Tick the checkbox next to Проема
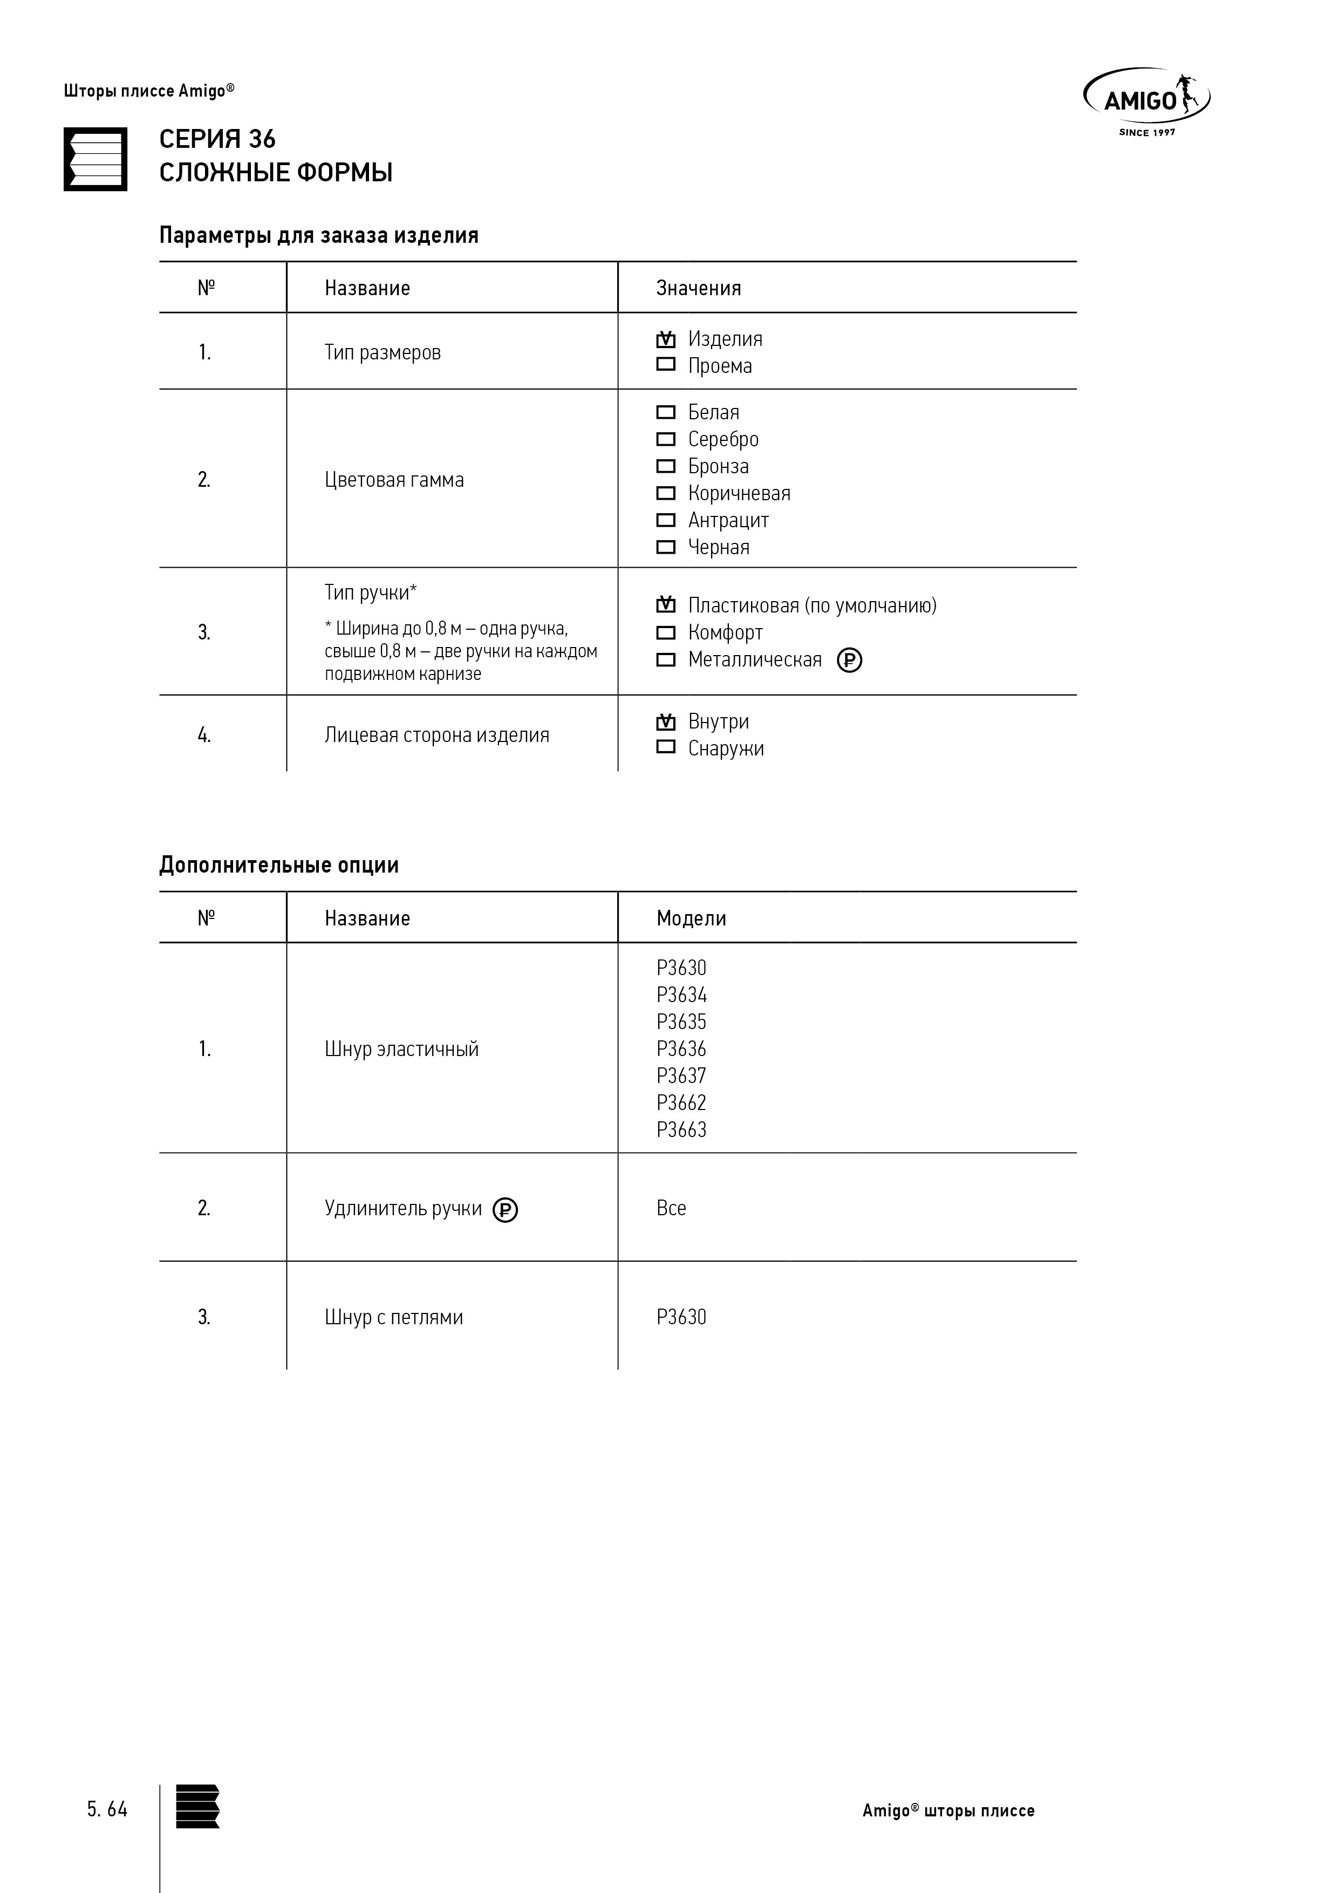(665, 364)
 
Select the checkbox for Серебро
(665, 439)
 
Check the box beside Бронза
(665, 466)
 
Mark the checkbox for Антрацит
(665, 520)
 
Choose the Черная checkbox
(665, 547)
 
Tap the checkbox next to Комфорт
(665, 632)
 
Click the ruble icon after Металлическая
(849, 660)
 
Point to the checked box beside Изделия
(665, 339)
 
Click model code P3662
(681, 1102)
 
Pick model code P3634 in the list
(681, 995)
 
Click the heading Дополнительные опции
(278, 865)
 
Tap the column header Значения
(698, 288)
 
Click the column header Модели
(691, 918)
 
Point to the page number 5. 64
(107, 1809)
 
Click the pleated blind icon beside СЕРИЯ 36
(95, 159)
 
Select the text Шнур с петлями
(393, 1317)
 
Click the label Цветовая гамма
(394, 480)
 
